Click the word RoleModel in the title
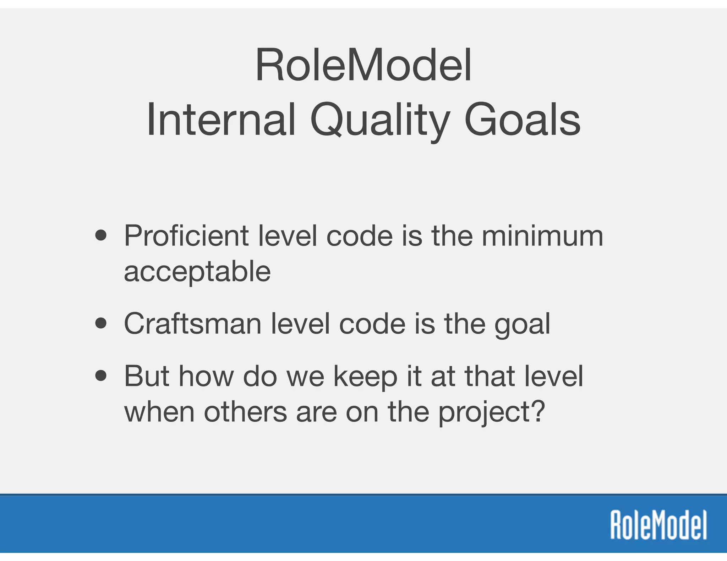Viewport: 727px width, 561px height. (x=363, y=66)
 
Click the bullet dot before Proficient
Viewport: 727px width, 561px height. (x=101, y=236)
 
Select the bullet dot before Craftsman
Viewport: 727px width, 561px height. (x=101, y=323)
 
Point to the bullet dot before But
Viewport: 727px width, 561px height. (x=101, y=376)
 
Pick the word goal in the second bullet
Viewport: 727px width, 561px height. (x=522, y=325)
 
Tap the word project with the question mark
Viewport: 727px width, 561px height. (x=491, y=413)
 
